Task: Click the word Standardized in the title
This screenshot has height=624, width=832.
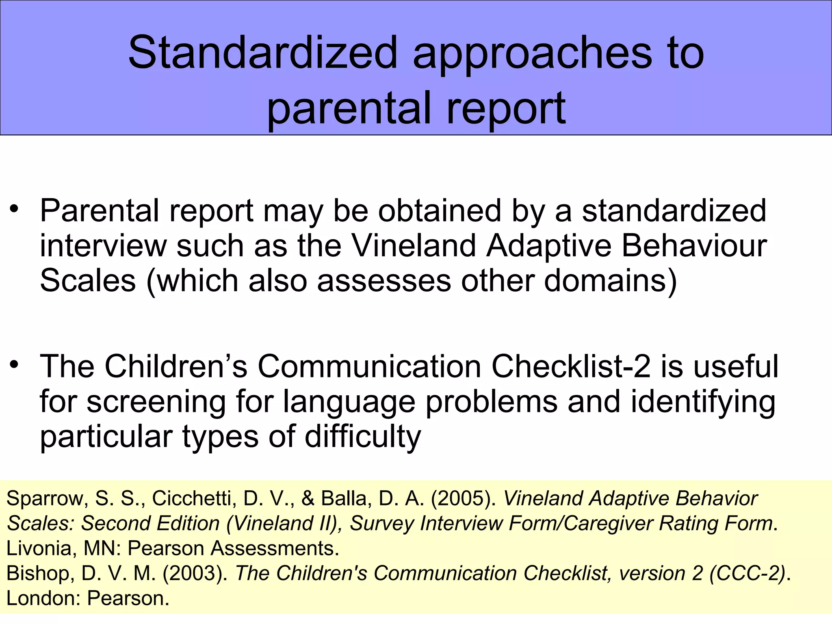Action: click(262, 53)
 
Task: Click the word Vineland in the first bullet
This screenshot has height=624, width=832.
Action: click(414, 246)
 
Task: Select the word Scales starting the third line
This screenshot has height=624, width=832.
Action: click(88, 281)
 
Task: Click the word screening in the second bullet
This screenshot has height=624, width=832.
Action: click(156, 402)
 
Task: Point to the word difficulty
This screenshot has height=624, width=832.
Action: click(363, 437)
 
